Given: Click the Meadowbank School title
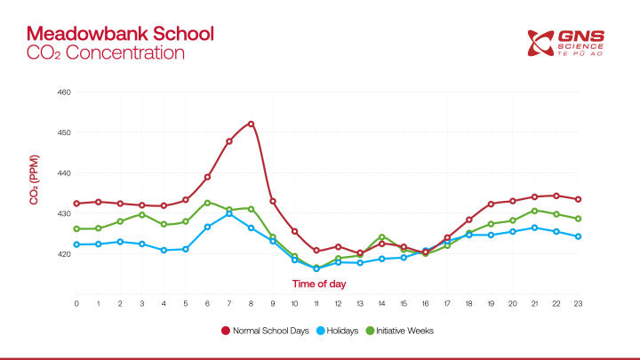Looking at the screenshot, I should point(120,34).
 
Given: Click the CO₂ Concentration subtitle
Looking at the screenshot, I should point(105,52).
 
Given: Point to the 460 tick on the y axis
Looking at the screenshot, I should point(64,92).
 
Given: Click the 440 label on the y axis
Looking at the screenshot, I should point(64,173).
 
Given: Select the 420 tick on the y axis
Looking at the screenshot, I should point(64,254).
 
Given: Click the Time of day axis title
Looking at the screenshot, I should point(320,284).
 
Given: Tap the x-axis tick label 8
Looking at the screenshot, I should point(251,304).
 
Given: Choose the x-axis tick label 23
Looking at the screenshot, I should point(578,304).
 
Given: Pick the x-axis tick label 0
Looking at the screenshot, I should point(76,304).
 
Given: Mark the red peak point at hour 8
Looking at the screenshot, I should point(251,124).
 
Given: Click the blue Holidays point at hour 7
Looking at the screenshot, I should point(229,213).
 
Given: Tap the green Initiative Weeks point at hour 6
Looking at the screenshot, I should point(207,203).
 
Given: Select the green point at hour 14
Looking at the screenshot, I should point(381,237).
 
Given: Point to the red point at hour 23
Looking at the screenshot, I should point(578,199).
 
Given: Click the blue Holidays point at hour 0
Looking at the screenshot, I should point(76,244).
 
